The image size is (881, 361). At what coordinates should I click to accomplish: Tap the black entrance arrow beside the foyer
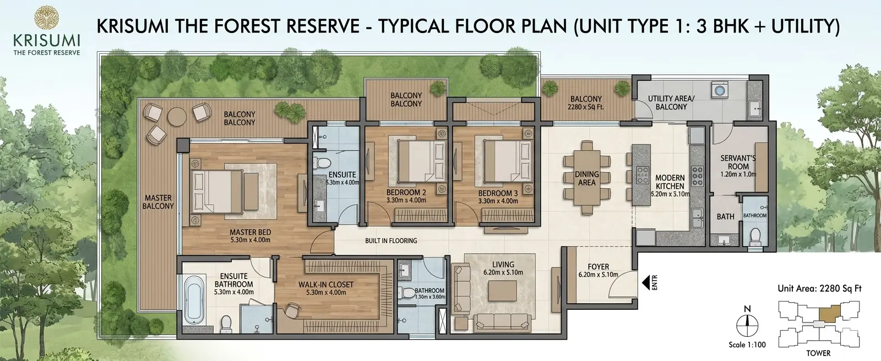(645, 282)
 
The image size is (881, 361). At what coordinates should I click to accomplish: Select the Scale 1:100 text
(747, 345)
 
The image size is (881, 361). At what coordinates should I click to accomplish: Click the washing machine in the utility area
(720, 90)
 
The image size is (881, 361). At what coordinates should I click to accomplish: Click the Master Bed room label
(250, 232)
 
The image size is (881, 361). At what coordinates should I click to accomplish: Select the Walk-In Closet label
(325, 285)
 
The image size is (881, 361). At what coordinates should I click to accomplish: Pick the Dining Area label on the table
(587, 178)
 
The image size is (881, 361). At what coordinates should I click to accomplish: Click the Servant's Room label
(738, 162)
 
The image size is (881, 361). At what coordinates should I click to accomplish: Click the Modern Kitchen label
(670, 182)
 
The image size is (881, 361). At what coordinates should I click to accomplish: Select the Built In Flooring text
(391, 240)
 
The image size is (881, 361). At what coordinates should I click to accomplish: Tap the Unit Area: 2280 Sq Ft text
(820, 289)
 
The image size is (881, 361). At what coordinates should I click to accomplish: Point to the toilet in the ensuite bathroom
(226, 322)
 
